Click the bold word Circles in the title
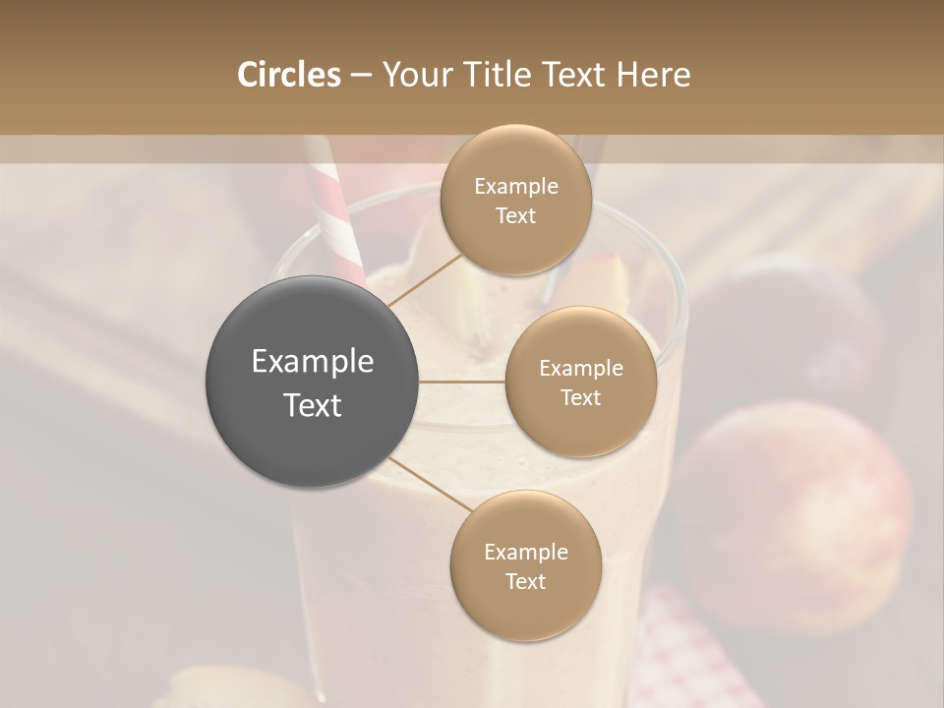(288, 75)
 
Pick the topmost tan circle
(515, 200)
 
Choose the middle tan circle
(580, 382)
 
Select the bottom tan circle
(525, 565)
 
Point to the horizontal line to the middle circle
(462, 382)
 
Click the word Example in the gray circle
(313, 362)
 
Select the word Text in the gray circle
(313, 405)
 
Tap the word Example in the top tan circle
(515, 187)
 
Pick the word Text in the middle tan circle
(580, 397)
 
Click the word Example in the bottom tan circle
(525, 553)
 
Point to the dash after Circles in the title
(361, 76)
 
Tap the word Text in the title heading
(572, 75)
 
